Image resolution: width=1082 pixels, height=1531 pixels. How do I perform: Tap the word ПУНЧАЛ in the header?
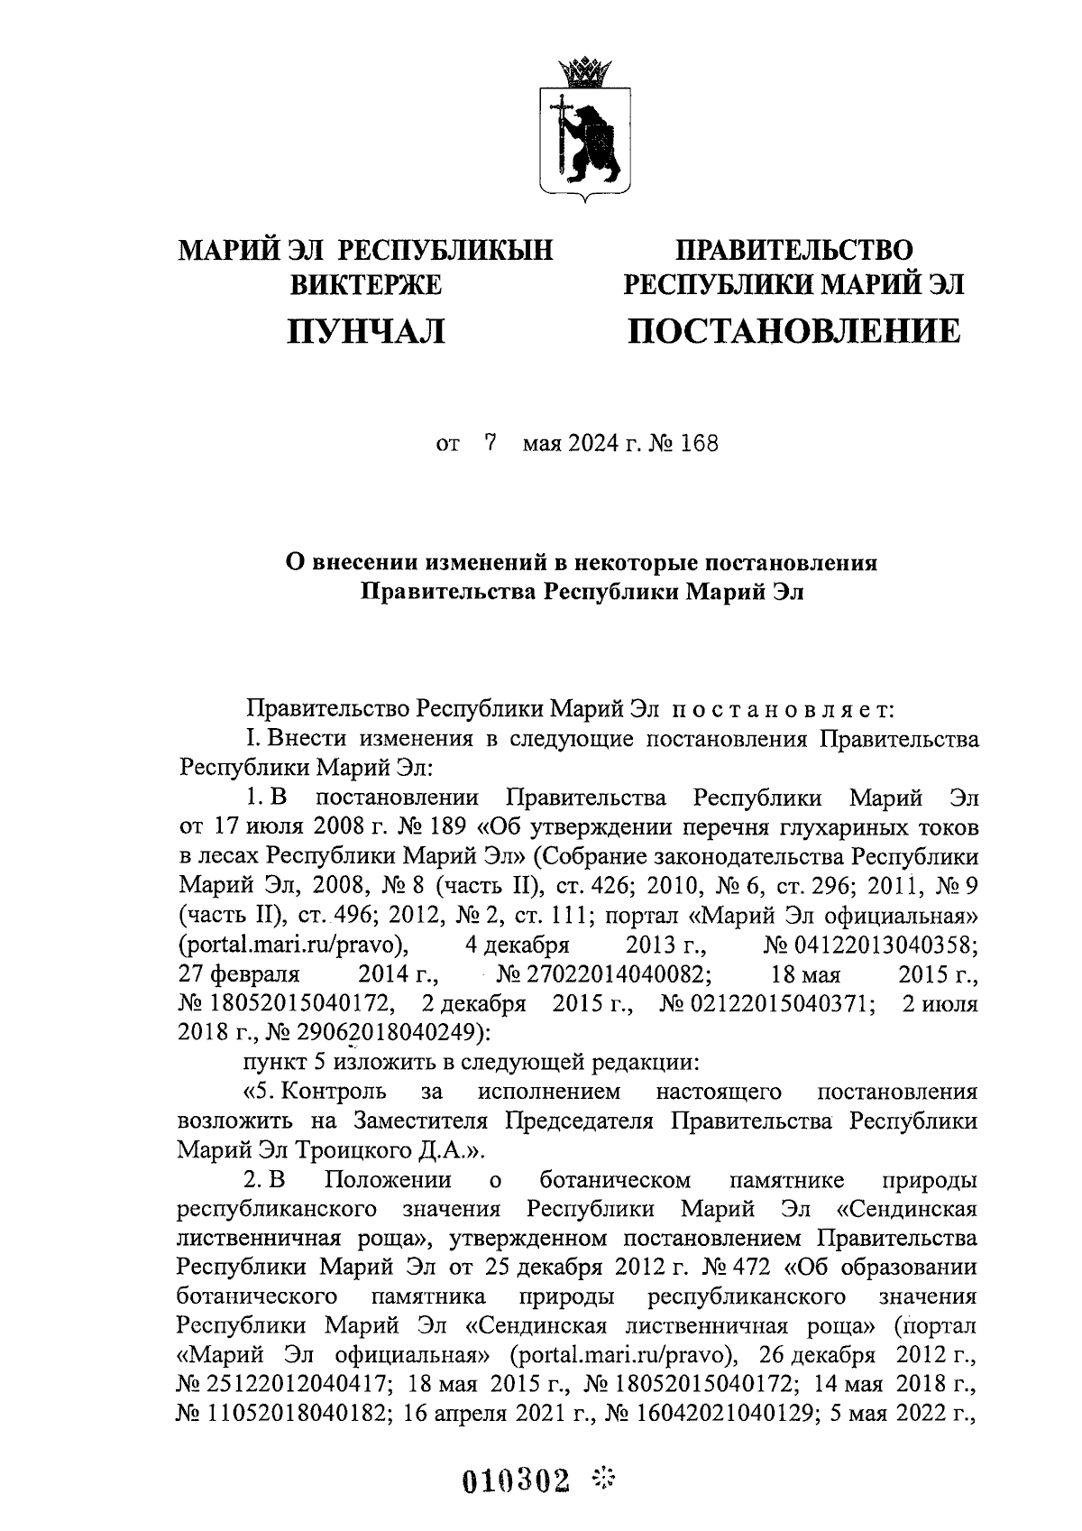coord(365,332)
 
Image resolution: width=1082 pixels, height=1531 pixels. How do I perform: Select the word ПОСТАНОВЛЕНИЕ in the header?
coord(794,331)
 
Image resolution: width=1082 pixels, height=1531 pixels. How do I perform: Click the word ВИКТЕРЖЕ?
coord(365,285)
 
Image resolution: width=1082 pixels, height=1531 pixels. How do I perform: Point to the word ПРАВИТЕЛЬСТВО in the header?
coord(794,249)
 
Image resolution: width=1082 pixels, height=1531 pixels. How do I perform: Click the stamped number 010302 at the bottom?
coord(518,1480)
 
